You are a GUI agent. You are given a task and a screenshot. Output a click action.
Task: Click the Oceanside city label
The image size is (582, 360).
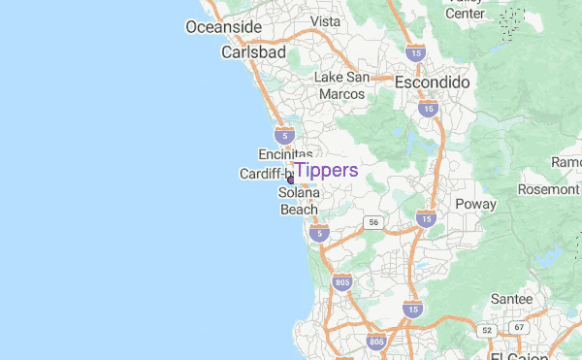(224, 26)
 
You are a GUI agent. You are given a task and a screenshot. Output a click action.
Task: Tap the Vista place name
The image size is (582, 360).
(325, 21)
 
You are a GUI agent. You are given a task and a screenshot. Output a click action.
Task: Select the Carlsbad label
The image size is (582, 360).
(253, 52)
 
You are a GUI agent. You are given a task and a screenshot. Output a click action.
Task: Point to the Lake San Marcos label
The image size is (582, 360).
(341, 85)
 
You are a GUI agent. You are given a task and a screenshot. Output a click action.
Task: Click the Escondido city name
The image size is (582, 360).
(432, 83)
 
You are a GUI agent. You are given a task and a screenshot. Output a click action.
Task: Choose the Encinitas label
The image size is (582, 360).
(285, 154)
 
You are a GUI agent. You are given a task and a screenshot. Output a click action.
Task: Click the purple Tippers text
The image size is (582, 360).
(326, 171)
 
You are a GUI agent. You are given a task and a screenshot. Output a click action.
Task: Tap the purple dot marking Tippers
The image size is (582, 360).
(290, 180)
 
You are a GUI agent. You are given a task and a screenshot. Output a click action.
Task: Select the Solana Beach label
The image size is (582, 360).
(299, 201)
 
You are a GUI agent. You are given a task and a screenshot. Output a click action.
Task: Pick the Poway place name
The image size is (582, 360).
(475, 204)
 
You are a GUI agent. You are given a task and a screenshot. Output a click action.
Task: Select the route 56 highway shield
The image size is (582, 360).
(373, 222)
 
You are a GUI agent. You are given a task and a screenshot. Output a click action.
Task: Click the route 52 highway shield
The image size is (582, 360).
(486, 331)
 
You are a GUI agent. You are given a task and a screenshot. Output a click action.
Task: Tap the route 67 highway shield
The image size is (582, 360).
(519, 328)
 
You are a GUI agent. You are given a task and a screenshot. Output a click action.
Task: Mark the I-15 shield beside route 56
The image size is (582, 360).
(426, 220)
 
